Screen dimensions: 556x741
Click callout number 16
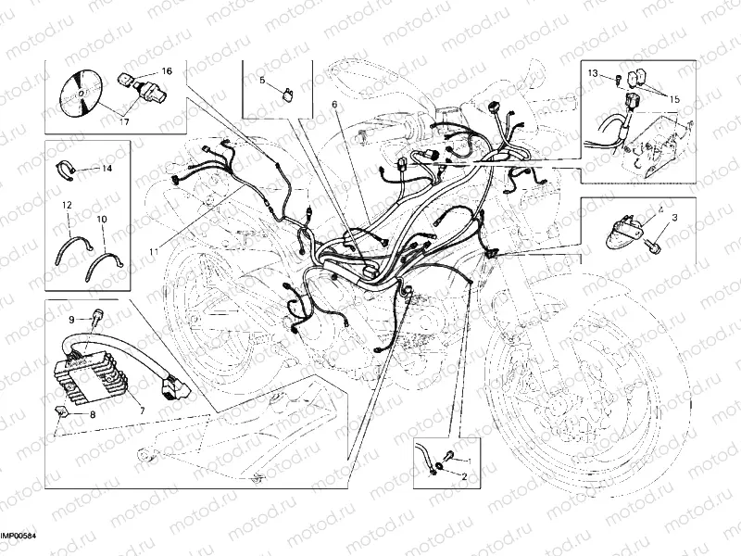tap(167, 71)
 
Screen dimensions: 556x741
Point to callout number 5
tap(262, 82)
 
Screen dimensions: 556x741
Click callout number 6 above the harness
tap(334, 105)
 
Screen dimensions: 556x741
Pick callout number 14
tap(107, 169)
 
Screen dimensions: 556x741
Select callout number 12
tap(67, 203)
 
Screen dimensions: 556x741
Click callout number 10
tap(102, 219)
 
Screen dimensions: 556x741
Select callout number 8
tap(93, 416)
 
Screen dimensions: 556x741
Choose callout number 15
tap(674, 97)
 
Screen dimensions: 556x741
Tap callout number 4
tap(660, 212)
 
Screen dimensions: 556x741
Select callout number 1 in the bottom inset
tap(468, 461)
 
